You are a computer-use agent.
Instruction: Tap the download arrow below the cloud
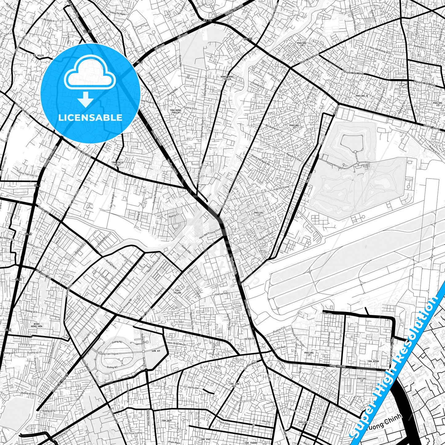click(x=86, y=100)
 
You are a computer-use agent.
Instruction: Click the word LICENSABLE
click(x=90, y=118)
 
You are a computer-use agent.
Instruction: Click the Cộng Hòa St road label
click(x=338, y=366)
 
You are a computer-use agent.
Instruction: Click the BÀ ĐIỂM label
click(x=38, y=55)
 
